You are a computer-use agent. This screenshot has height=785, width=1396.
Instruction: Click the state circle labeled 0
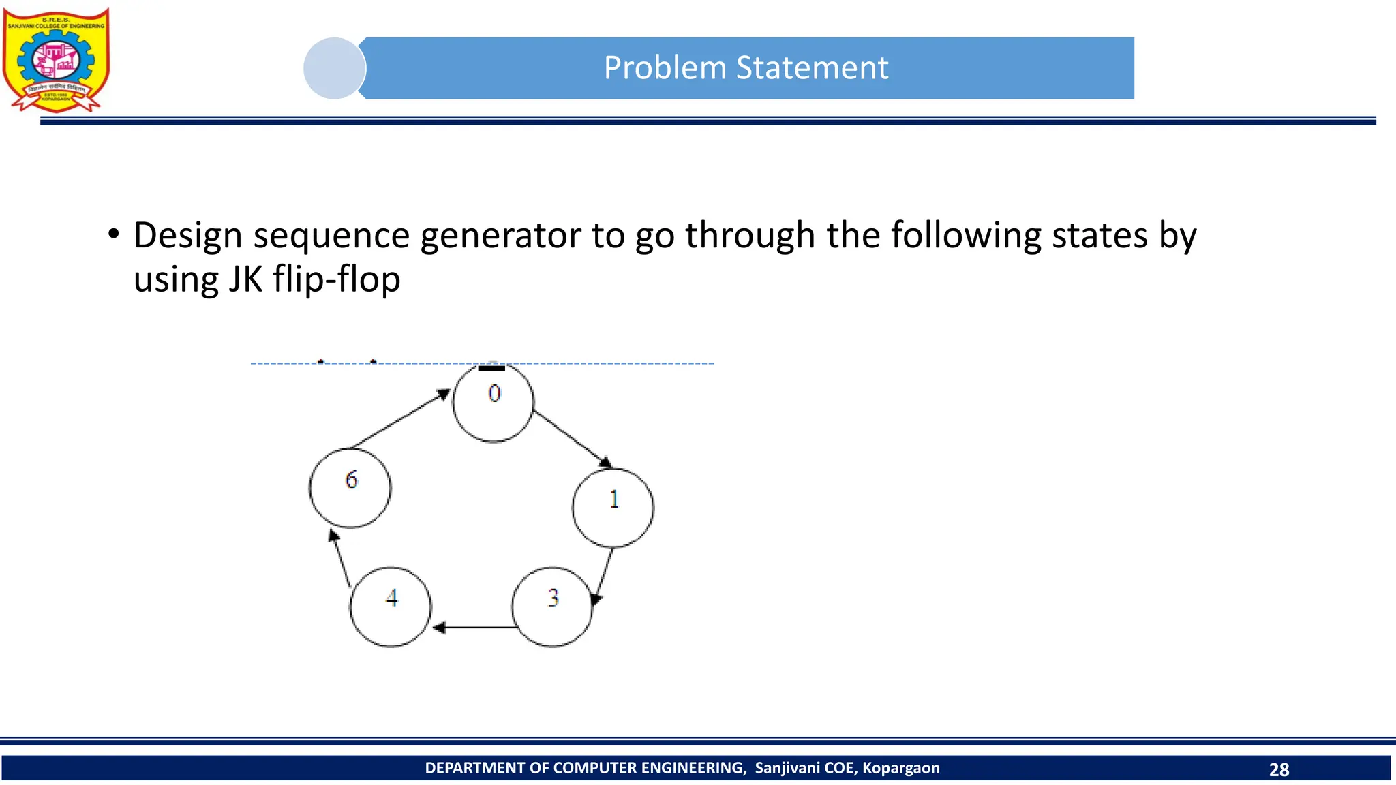tap(493, 402)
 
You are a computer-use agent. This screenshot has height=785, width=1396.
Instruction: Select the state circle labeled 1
tap(613, 508)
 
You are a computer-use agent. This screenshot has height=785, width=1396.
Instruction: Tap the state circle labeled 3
tap(552, 606)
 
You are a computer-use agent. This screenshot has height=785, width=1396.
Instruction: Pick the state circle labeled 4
tap(391, 606)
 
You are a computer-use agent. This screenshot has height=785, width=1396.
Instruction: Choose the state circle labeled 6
tap(350, 488)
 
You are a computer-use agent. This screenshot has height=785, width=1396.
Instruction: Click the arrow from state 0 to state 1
tap(572, 438)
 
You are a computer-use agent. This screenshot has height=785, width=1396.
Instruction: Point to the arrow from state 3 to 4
tap(474, 627)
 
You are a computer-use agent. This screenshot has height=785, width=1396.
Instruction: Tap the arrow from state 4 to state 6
tap(339, 558)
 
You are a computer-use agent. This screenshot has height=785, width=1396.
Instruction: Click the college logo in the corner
tap(56, 60)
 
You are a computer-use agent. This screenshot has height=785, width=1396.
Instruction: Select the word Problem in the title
tap(665, 68)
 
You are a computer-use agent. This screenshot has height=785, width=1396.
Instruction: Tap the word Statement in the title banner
tap(812, 68)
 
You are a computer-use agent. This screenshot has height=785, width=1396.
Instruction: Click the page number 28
tap(1279, 769)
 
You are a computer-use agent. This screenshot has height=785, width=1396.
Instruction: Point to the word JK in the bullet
tap(245, 279)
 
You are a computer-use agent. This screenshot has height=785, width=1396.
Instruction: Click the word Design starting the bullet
tap(187, 236)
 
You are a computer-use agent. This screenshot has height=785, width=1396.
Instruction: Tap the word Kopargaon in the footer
tap(900, 768)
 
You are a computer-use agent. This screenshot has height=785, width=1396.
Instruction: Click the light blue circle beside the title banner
tap(334, 68)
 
